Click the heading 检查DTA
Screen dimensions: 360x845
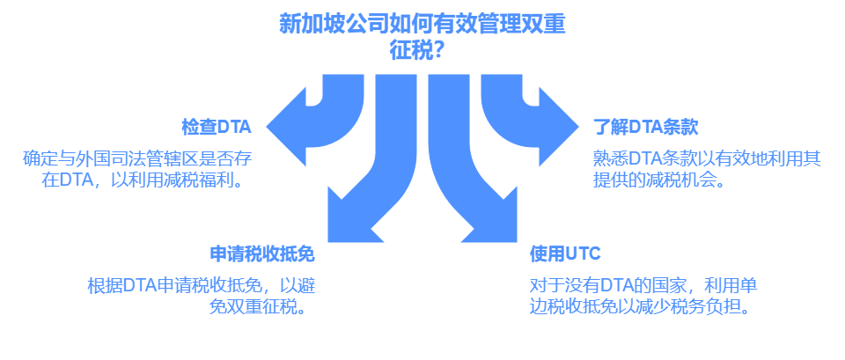pyautogui.click(x=217, y=127)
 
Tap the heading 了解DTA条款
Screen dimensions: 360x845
pyautogui.click(x=645, y=127)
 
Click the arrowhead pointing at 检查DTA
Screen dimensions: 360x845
pyautogui.click(x=286, y=127)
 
